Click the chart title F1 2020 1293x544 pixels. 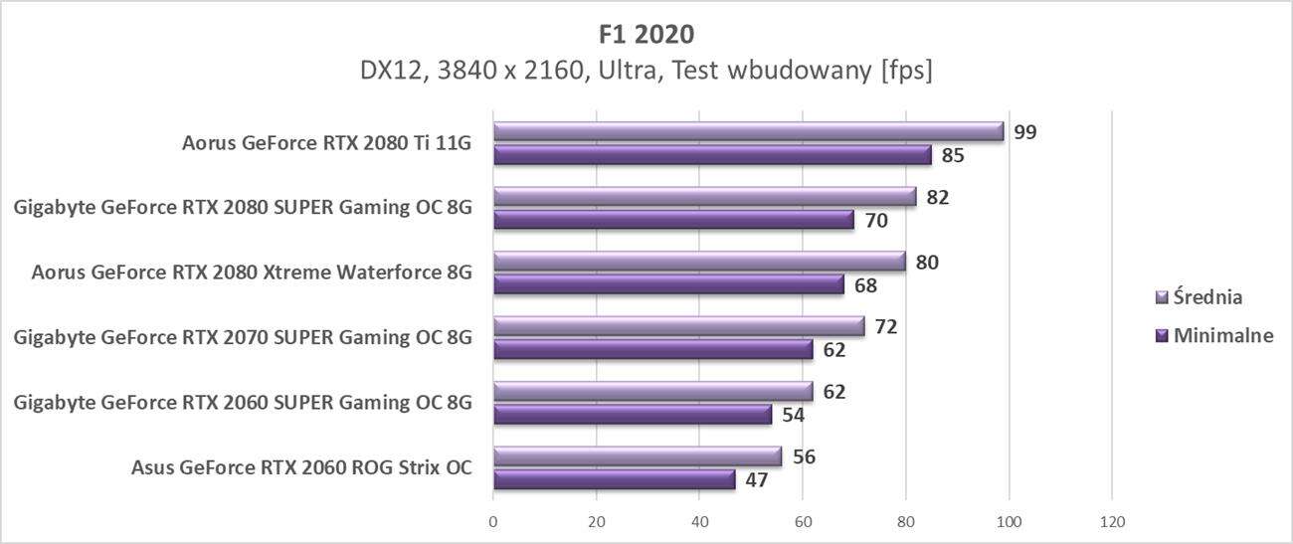click(646, 34)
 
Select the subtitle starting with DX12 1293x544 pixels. click(646, 72)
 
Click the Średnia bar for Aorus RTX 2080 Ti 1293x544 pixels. click(748, 131)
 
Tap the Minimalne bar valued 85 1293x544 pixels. click(712, 155)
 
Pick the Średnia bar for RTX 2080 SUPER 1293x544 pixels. click(704, 197)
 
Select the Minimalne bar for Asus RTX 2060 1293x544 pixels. click(614, 480)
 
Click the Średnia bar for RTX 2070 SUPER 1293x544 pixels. click(678, 326)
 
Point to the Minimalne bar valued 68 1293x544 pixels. click(668, 285)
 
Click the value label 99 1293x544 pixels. click(1025, 131)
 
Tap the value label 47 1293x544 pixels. click(758, 480)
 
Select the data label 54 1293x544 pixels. click(794, 415)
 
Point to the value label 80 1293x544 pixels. click(928, 263)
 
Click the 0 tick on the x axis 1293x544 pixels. click(493, 520)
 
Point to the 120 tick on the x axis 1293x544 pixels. click(1112, 520)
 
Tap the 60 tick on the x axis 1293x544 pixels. click(803, 520)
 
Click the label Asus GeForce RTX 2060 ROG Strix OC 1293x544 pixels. click(301, 467)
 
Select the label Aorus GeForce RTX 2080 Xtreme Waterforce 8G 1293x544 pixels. click(252, 272)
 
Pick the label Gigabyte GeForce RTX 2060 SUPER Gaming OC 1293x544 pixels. click(243, 403)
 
